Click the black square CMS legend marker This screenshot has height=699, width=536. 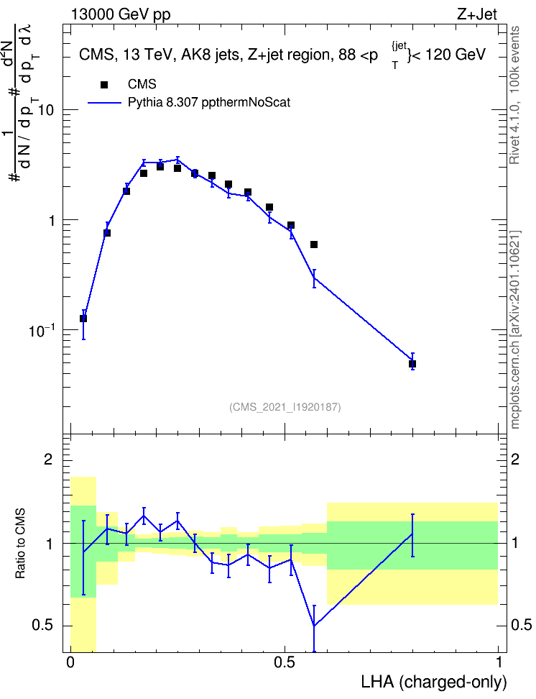click(x=104, y=85)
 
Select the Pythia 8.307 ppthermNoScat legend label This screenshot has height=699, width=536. click(x=209, y=103)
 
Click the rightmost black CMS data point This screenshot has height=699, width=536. click(x=412, y=364)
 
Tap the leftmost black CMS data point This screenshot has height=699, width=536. click(x=83, y=319)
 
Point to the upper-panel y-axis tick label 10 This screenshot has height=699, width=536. click(x=45, y=110)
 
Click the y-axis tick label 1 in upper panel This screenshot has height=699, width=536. click(x=50, y=221)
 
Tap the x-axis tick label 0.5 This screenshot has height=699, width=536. click(x=285, y=662)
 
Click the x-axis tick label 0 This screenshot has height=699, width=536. click(x=70, y=662)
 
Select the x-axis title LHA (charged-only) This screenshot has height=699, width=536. click(x=433, y=682)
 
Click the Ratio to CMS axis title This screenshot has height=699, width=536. click(x=20, y=544)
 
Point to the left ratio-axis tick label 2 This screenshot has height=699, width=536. click(x=48, y=459)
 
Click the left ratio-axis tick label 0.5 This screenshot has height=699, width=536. click(x=43, y=626)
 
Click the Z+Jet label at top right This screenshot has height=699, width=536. click(x=477, y=14)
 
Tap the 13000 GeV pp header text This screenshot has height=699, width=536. click(x=121, y=14)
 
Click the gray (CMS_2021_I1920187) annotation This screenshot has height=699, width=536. click(x=285, y=407)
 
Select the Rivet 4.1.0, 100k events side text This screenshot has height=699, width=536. click(x=514, y=95)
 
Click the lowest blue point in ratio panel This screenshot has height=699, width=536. click(x=314, y=626)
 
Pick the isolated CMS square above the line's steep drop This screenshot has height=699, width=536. click(x=314, y=245)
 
